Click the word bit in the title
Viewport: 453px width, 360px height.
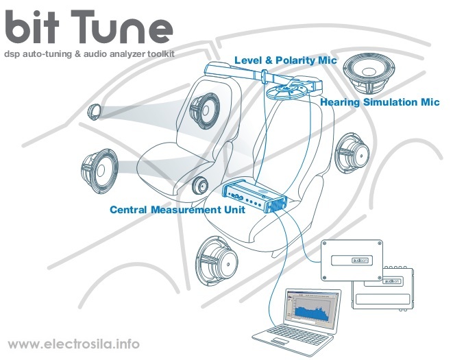(x=32, y=27)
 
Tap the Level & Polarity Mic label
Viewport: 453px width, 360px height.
(x=285, y=60)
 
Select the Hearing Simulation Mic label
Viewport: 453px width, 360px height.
(x=380, y=102)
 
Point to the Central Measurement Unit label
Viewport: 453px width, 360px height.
(x=177, y=209)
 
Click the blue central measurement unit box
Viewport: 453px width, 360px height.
(x=254, y=195)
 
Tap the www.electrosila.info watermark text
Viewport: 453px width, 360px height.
(x=74, y=344)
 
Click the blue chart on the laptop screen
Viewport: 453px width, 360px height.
(x=311, y=311)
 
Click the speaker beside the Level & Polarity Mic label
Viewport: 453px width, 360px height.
(x=369, y=73)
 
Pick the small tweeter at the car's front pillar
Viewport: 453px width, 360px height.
(x=94, y=111)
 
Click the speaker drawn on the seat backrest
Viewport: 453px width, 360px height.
(x=204, y=110)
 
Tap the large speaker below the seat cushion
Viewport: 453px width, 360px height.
(x=217, y=261)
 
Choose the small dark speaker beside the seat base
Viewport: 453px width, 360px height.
(x=200, y=185)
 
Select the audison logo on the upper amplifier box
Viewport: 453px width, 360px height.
(x=360, y=261)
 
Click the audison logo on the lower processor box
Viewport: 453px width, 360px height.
(x=392, y=280)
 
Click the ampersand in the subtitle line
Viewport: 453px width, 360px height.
(x=77, y=54)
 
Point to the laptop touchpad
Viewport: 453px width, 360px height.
(x=279, y=341)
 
